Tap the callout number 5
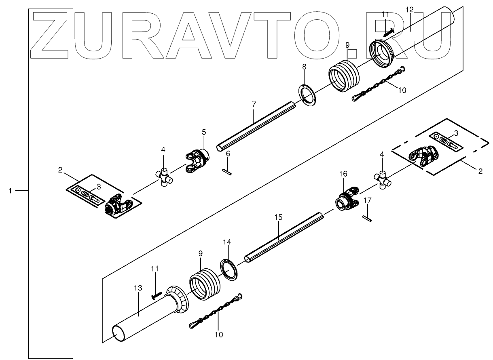pyautogui.click(x=204, y=132)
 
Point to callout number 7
pyautogui.click(x=254, y=105)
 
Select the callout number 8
pyautogui.click(x=305, y=66)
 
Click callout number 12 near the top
pyautogui.click(x=410, y=9)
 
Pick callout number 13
pyautogui.click(x=138, y=288)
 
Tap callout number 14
pyautogui.click(x=227, y=242)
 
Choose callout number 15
pyautogui.click(x=278, y=217)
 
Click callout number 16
pyautogui.click(x=343, y=174)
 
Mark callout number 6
pyautogui.click(x=228, y=153)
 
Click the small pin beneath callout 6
pyautogui.click(x=228, y=172)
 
